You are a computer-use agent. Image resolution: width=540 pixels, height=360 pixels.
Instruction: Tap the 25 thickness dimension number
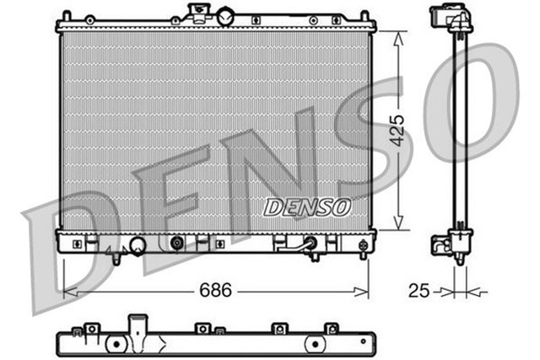click(x=418, y=292)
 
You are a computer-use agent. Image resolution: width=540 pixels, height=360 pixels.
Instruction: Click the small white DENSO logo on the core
click(x=307, y=207)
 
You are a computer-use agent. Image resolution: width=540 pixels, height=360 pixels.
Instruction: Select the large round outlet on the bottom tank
click(x=136, y=245)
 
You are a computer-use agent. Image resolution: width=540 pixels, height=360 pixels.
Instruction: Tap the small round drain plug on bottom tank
click(x=177, y=244)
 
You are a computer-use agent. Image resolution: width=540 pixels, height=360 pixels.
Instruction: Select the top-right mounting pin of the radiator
click(x=365, y=15)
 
